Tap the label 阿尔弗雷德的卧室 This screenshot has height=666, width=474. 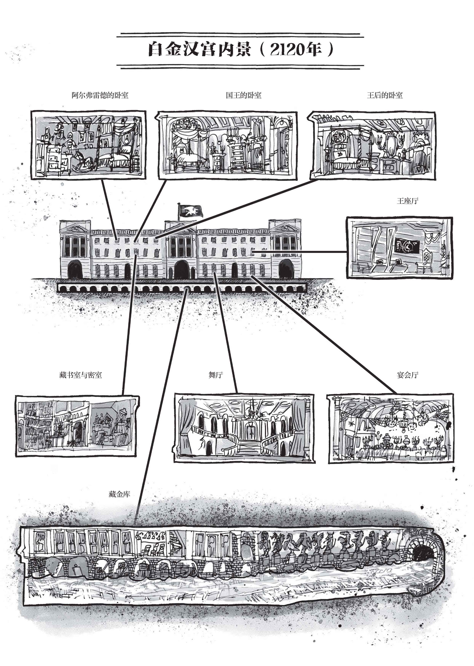click(x=100, y=95)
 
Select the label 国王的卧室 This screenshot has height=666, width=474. click(x=243, y=95)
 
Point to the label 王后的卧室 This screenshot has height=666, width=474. click(x=385, y=95)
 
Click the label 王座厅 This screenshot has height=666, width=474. click(x=407, y=201)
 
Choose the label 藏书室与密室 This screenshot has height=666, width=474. click(x=81, y=375)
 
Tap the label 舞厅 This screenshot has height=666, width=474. click(x=216, y=375)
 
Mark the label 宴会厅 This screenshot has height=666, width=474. click(x=407, y=375)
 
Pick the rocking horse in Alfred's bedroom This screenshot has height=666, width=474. click(x=83, y=161)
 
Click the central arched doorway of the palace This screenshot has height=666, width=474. click(x=182, y=269)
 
